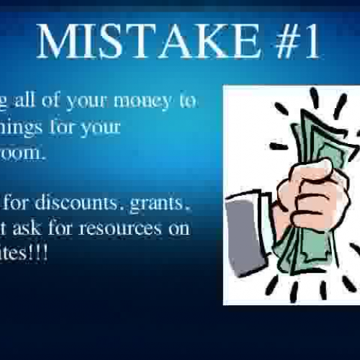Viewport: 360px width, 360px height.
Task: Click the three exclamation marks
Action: click(x=40, y=254)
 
